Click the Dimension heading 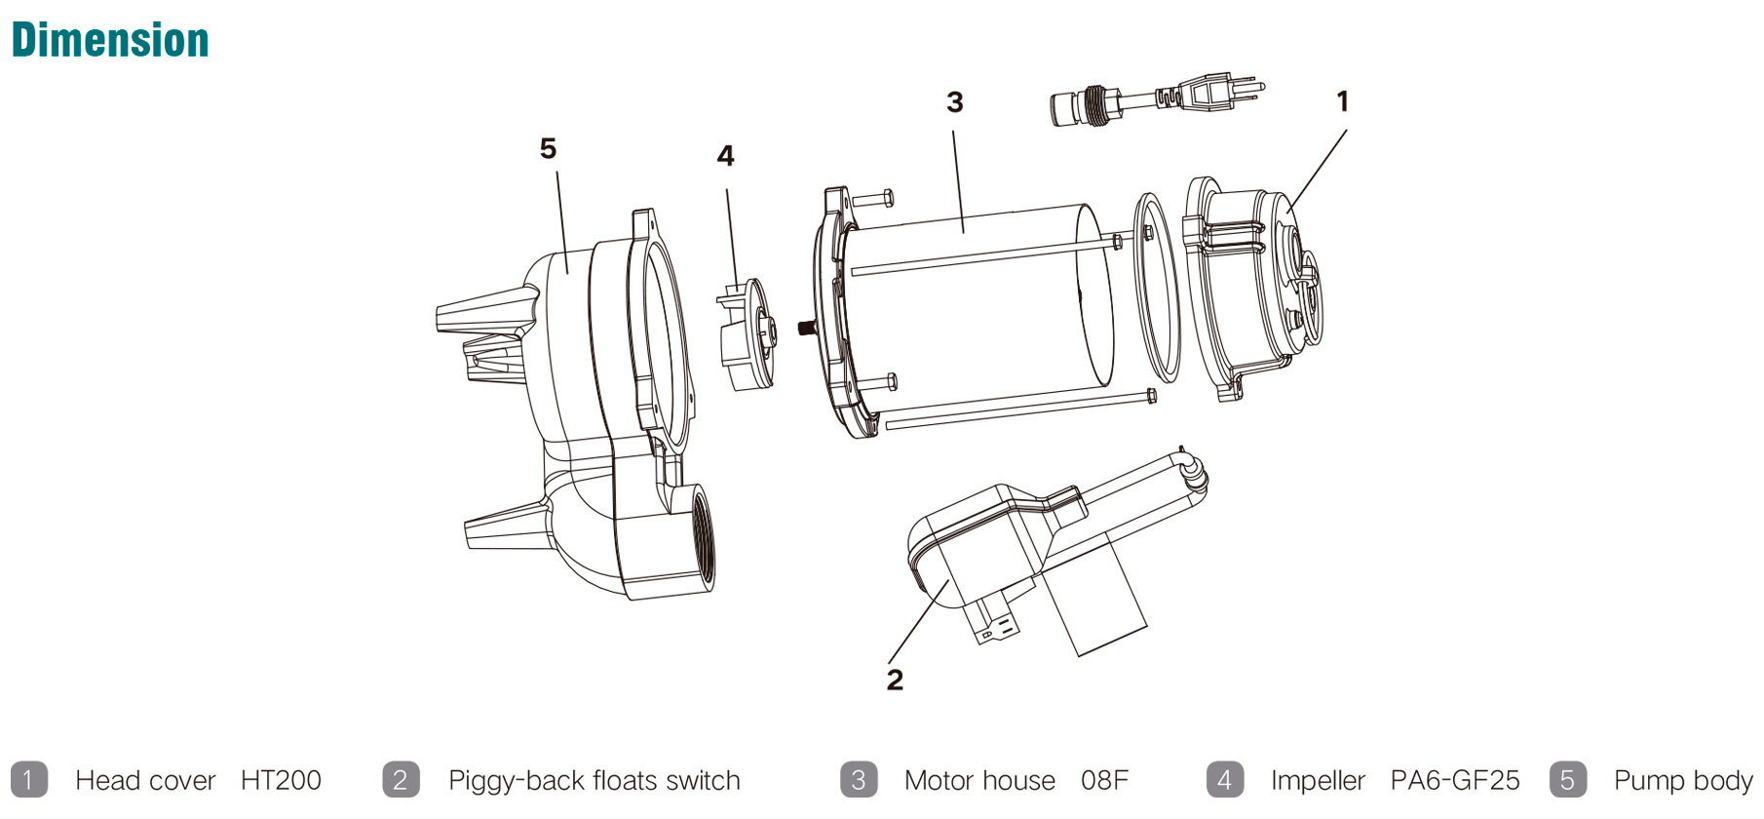click(x=110, y=41)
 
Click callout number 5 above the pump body click(x=548, y=148)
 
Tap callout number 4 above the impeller click(x=725, y=156)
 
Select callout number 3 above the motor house click(x=955, y=102)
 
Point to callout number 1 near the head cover click(x=1342, y=101)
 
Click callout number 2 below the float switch click(x=895, y=680)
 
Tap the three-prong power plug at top click(x=1218, y=93)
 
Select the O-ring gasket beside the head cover click(x=1157, y=288)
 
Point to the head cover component click(x=1252, y=288)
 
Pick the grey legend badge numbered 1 click(x=28, y=780)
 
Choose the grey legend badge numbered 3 click(x=858, y=780)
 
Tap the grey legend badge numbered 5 click(x=1566, y=780)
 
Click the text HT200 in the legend click(x=281, y=781)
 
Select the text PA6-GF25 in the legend click(x=1454, y=781)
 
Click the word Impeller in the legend click(x=1318, y=781)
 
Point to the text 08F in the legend click(x=1104, y=781)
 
